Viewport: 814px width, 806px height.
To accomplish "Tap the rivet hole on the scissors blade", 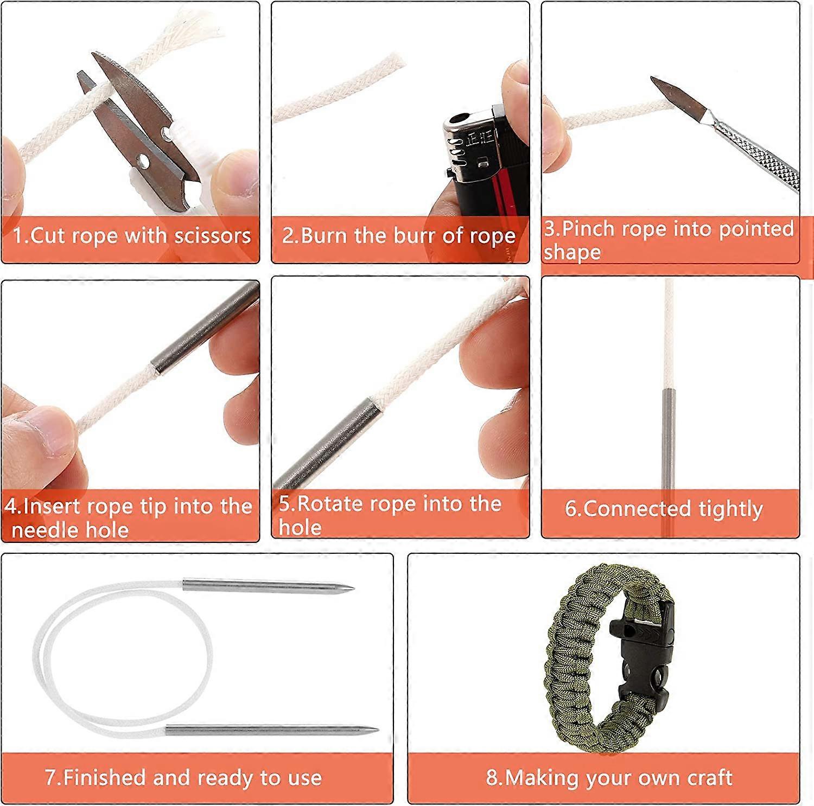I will [143, 160].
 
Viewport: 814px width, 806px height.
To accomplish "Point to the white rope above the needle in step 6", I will [669, 336].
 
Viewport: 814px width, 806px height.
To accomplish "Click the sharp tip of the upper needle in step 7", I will [352, 588].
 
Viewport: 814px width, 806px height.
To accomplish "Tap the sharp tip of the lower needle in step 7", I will [377, 730].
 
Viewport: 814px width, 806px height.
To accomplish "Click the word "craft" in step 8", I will [709, 778].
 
